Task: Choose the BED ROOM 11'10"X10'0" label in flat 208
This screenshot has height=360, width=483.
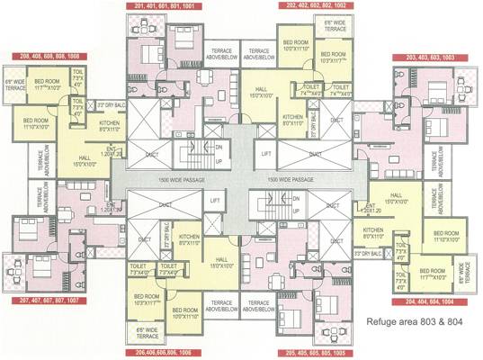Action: (36, 123)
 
